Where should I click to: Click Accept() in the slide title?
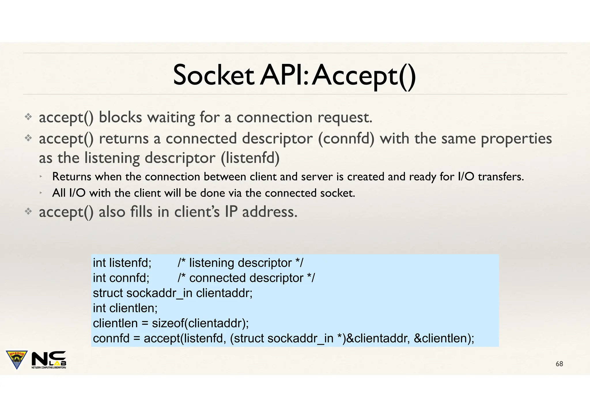(x=364, y=75)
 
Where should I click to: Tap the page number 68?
(x=559, y=364)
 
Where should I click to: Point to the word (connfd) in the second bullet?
(x=346, y=139)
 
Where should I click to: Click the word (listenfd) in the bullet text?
(x=250, y=158)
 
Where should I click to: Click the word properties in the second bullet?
(x=516, y=139)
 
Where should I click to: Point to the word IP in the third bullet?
(x=231, y=212)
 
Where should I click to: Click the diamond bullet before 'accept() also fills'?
(x=28, y=212)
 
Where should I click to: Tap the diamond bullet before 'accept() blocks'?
(x=28, y=117)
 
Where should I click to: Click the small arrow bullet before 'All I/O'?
(x=41, y=192)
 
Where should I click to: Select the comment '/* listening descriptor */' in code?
(x=240, y=263)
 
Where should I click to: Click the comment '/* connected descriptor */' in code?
(x=246, y=278)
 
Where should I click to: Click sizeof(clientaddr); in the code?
(x=200, y=323)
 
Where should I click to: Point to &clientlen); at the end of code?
(x=444, y=338)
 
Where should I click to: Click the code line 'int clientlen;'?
(x=125, y=308)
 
